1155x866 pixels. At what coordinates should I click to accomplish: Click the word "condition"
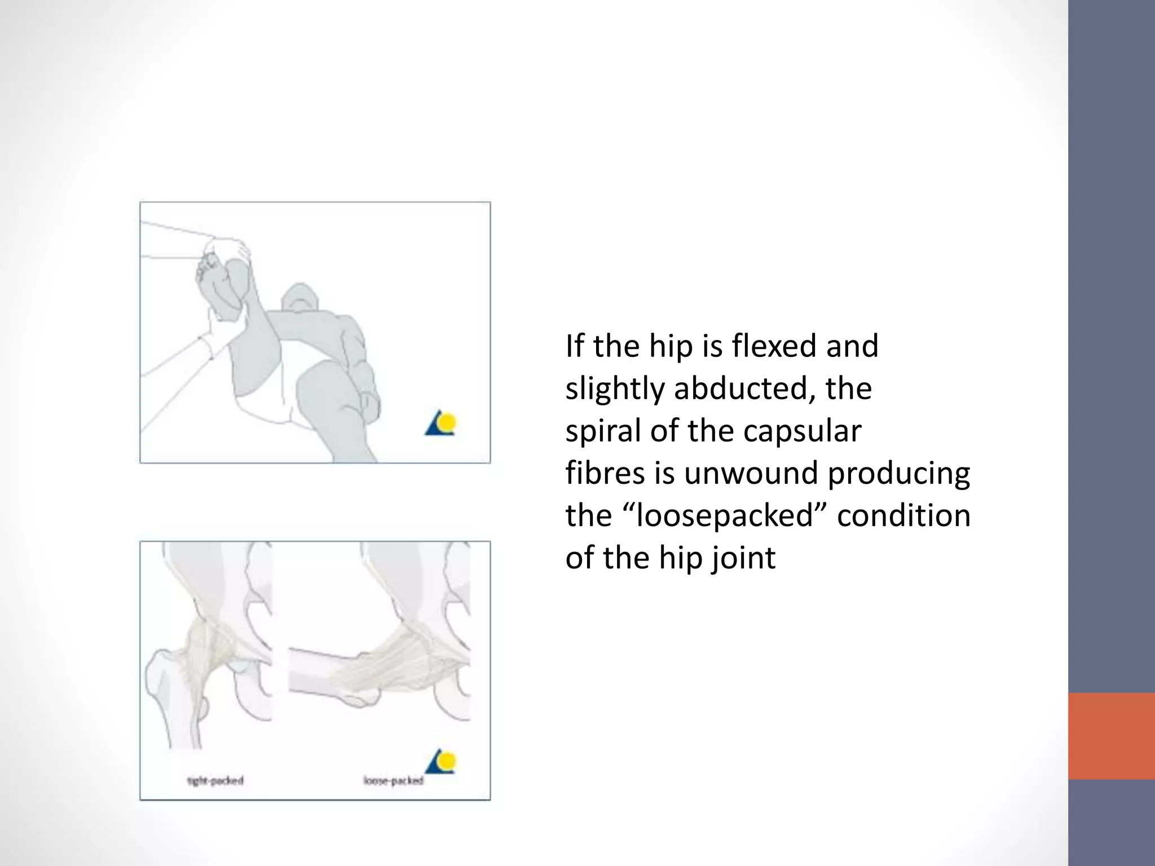pyautogui.click(x=903, y=515)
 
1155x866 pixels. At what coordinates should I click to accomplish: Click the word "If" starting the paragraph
pyautogui.click(x=574, y=346)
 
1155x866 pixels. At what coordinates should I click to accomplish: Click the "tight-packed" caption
pyautogui.click(x=215, y=781)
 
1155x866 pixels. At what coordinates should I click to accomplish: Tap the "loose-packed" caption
pyautogui.click(x=393, y=781)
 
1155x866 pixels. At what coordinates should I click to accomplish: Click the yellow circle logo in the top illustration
pyautogui.click(x=448, y=422)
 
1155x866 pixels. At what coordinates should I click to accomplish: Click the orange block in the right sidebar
pyautogui.click(x=1111, y=736)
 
